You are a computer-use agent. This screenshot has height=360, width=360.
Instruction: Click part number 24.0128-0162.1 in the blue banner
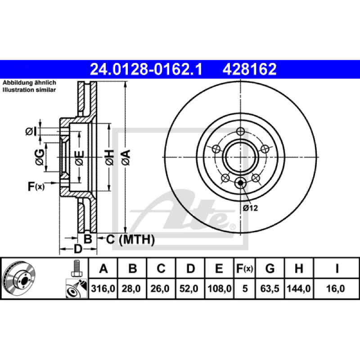[x=146, y=69]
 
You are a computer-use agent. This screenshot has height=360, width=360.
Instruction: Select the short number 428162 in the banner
[x=250, y=69]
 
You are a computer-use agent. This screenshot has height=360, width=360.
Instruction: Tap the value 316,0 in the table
[x=103, y=288]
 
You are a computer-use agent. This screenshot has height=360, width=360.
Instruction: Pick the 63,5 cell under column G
[x=270, y=288]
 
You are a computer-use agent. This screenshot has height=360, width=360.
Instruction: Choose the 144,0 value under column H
[x=299, y=288]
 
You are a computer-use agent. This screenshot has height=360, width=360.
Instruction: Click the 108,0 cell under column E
[x=220, y=288]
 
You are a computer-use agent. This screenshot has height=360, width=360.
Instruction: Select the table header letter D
[x=190, y=268]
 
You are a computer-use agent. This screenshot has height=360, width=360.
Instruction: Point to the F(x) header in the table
[x=245, y=268]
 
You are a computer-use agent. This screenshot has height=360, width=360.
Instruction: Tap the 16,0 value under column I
[x=335, y=288]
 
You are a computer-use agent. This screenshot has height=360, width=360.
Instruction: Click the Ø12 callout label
[x=251, y=208]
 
